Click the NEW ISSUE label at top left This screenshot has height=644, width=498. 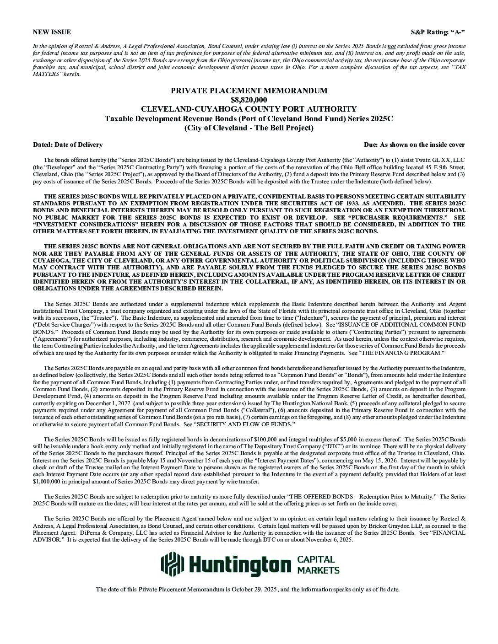52,32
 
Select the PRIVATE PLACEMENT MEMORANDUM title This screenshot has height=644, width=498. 249,91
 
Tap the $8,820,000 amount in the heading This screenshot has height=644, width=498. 249,100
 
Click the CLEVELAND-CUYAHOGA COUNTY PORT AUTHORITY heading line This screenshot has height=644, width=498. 249,109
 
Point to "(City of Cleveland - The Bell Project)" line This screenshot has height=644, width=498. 249,128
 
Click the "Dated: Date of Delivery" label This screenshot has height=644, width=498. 68,145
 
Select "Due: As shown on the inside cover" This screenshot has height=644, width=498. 414,145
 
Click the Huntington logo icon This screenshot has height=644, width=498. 173,564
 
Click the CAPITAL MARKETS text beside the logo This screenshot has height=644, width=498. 319,565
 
